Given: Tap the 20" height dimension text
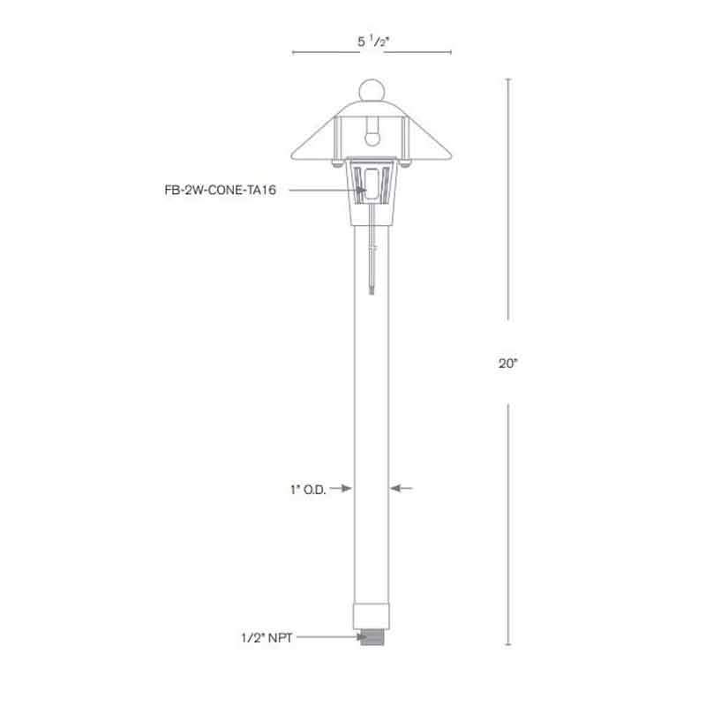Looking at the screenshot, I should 507,362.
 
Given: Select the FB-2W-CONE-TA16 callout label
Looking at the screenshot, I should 215,190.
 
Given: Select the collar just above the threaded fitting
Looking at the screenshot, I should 371,616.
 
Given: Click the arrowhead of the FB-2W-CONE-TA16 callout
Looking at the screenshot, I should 362,190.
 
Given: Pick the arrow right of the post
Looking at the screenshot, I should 401,487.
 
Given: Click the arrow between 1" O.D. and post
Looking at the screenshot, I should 342,487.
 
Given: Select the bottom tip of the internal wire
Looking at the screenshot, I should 371,291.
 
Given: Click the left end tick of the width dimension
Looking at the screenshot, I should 292,54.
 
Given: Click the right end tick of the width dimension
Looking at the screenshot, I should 450,54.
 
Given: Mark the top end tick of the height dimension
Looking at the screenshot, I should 507,79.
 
